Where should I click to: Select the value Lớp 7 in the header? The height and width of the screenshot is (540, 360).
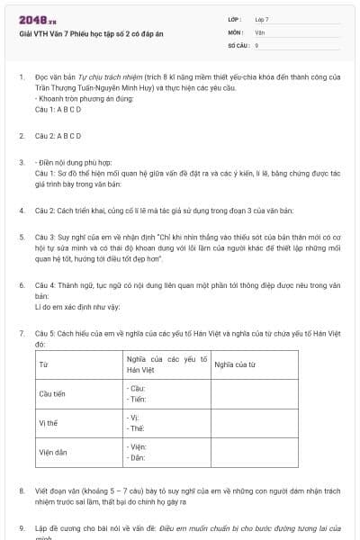262,19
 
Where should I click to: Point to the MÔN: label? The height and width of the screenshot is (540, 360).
237,31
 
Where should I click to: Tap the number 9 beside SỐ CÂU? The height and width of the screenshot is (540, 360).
256,44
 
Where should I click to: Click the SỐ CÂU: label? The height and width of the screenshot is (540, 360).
238,44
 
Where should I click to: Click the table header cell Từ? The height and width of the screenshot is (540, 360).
43,364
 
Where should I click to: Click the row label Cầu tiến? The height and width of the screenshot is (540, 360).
53,394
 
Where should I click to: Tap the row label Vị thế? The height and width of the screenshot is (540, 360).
48,423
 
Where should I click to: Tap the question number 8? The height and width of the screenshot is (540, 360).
22,490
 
